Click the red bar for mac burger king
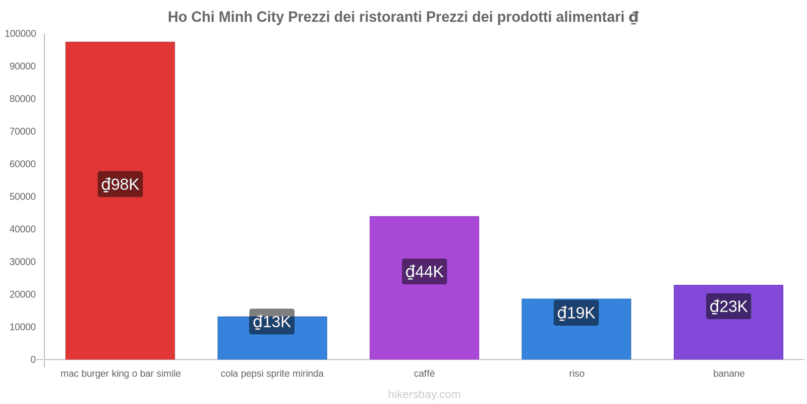click(120, 111)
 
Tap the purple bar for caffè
click(424, 323)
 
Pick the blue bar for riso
click(576, 341)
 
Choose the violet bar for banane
click(728, 338)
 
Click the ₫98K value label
click(120, 184)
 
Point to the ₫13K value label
click(272, 322)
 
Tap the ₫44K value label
click(424, 272)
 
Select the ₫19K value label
click(576, 313)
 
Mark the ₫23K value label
click(728, 307)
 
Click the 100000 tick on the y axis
click(21, 34)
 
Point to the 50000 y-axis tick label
click(23, 197)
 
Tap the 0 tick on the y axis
click(33, 360)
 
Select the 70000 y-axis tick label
click(23, 132)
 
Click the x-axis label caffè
click(424, 374)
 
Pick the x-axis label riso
click(577, 374)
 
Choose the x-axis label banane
click(729, 374)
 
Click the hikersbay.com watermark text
click(424, 394)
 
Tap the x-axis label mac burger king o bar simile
click(121, 374)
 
